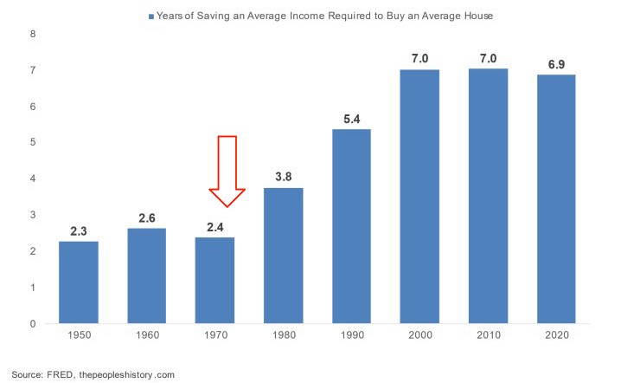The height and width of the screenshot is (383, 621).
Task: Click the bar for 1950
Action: (x=79, y=282)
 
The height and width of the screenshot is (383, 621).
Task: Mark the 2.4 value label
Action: (x=215, y=228)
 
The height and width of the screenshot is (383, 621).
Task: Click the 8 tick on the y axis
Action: (x=33, y=34)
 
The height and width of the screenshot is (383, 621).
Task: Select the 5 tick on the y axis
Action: (x=33, y=142)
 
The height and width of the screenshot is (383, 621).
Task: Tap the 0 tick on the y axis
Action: (x=33, y=324)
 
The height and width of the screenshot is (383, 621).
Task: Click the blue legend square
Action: (x=152, y=16)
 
